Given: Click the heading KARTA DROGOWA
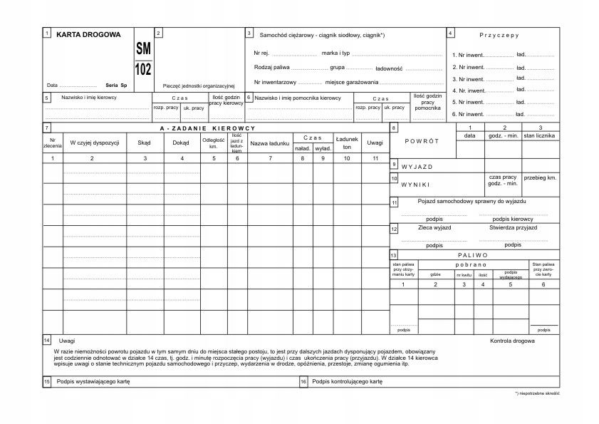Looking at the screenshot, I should point(88,34).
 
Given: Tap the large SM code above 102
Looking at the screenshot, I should point(143,50).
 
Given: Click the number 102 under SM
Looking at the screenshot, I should point(143,69).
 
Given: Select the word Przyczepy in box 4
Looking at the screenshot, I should point(499,34).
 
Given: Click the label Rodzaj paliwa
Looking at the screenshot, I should point(271,68).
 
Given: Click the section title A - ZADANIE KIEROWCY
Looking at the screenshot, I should point(212,128).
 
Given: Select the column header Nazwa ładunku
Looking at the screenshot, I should point(269,143).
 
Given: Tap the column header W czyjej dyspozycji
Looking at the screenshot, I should point(93,143).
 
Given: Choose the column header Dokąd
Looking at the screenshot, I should point(181,143).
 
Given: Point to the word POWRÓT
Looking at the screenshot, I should point(422,141).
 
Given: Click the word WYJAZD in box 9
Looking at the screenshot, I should point(417,167).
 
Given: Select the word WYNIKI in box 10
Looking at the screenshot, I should point(416,184).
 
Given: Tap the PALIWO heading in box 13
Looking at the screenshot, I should point(473,254).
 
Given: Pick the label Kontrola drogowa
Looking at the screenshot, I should point(512,341).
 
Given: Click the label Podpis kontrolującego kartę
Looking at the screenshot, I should point(347,382).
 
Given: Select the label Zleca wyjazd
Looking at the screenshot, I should point(434,228).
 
